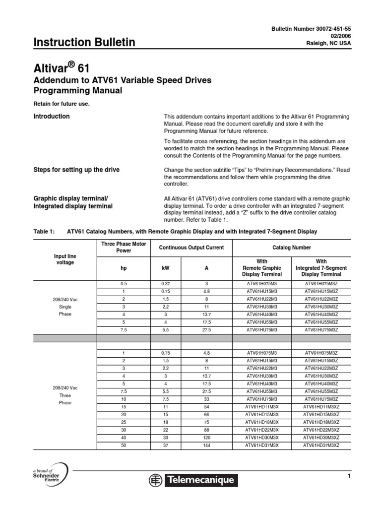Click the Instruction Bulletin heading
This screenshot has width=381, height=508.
click(x=84, y=43)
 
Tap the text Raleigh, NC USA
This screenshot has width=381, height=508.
click(x=329, y=43)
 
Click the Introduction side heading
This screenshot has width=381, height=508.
click(x=51, y=117)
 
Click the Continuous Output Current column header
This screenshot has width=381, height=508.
click(x=191, y=248)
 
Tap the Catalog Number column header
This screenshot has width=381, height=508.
click(x=292, y=248)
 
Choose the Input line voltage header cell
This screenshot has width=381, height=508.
click(x=65, y=259)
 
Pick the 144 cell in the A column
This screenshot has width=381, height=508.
click(x=206, y=445)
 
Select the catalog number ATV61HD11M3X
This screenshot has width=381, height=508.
click(x=262, y=407)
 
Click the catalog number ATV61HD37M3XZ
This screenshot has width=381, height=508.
click(x=321, y=445)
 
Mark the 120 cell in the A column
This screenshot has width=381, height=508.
click(x=206, y=438)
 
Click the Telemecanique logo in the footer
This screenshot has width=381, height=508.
click(x=194, y=480)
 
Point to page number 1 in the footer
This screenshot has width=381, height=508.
click(x=349, y=476)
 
